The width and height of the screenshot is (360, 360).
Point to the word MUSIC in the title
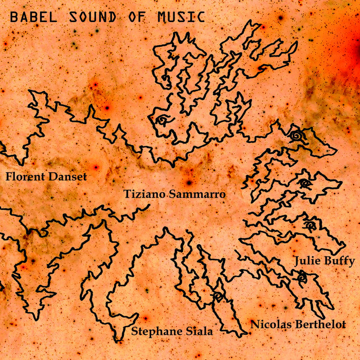[178, 16]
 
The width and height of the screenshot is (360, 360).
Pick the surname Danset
[67, 177]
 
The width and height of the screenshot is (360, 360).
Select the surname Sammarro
[198, 194]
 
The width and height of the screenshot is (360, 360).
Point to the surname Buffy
[339, 262]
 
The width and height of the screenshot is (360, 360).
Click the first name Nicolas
[270, 325]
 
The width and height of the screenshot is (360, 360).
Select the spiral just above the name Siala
[218, 297]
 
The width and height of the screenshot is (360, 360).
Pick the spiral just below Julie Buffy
[302, 278]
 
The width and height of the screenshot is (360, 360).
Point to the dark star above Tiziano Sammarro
[189, 182]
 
